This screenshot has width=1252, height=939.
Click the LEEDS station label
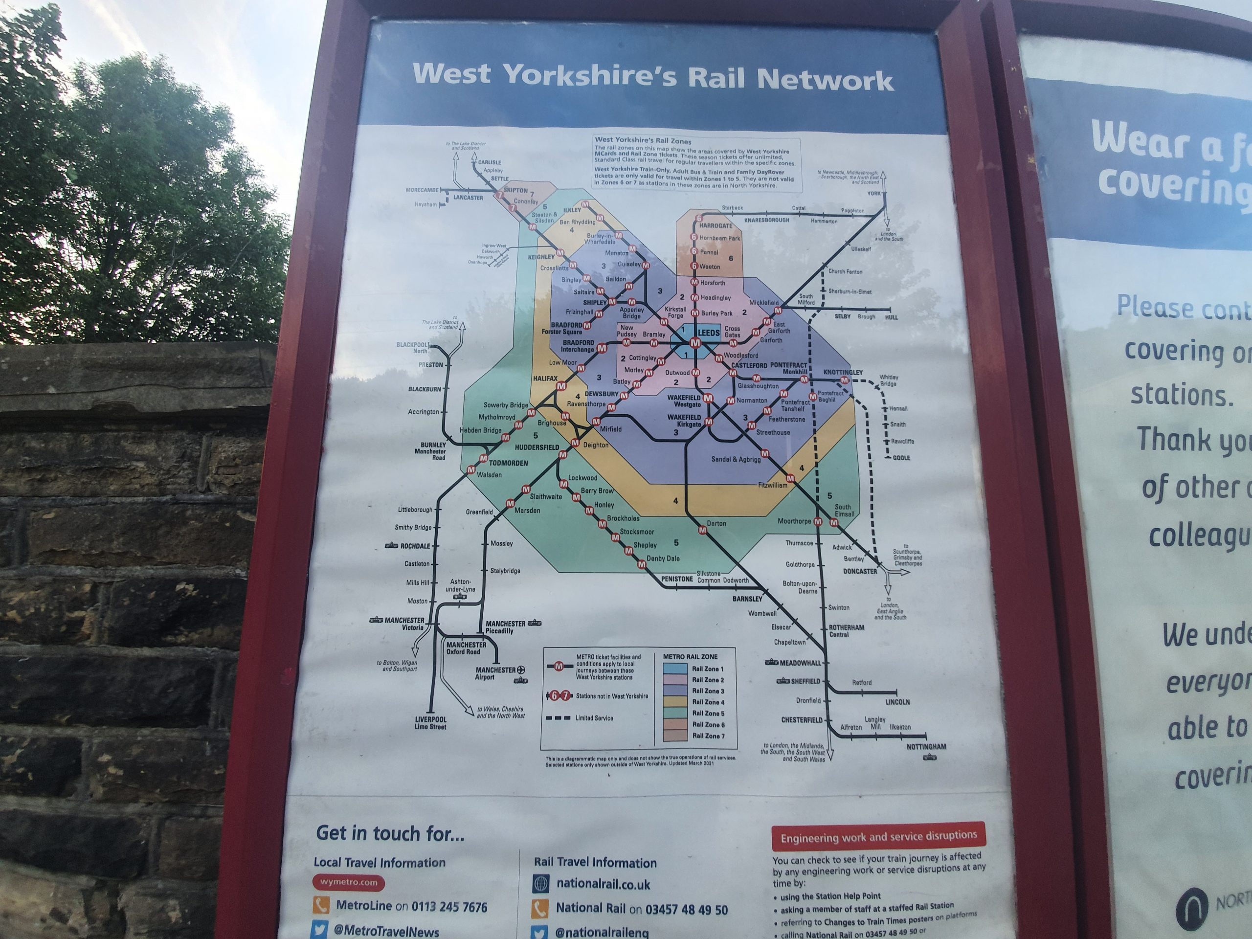(x=709, y=333)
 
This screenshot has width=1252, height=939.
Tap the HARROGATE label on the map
(x=715, y=226)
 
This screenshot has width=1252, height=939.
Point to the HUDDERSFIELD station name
(x=537, y=447)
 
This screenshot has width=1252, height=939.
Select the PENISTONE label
(x=677, y=579)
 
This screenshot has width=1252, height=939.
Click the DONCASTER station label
(x=860, y=571)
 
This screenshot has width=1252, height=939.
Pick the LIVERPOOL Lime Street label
(x=430, y=723)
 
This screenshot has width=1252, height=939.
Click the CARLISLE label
(x=490, y=162)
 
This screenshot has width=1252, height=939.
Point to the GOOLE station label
(x=901, y=458)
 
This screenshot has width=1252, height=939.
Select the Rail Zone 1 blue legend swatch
(x=675, y=669)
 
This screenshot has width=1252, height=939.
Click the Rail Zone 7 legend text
(x=708, y=736)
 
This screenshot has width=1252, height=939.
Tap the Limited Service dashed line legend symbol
(x=558, y=718)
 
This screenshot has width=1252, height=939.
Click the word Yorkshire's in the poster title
(x=589, y=75)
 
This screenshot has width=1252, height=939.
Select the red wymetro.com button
(x=349, y=882)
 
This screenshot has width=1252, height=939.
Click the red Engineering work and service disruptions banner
(x=878, y=836)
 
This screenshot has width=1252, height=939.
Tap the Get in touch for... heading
(x=390, y=833)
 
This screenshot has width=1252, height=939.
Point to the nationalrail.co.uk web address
(x=603, y=884)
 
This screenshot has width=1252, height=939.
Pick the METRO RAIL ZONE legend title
(x=690, y=656)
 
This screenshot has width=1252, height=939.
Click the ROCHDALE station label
(x=415, y=546)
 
